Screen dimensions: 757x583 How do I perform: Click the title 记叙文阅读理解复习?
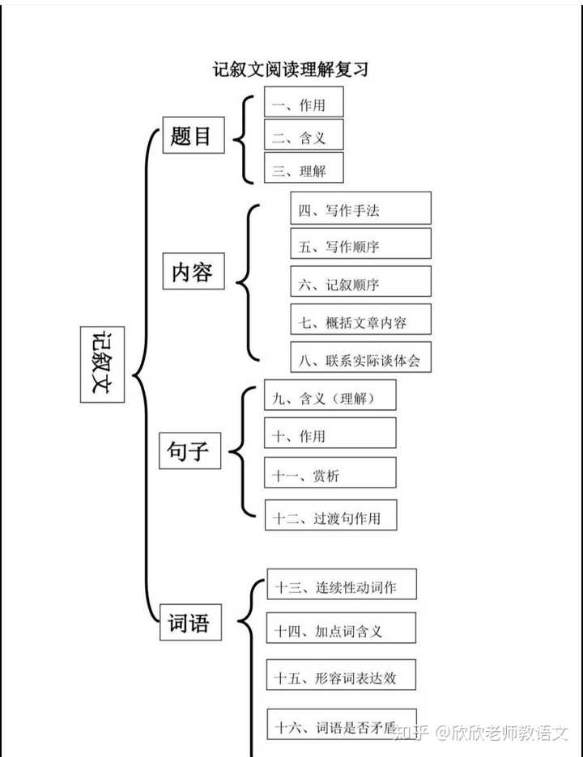(291, 70)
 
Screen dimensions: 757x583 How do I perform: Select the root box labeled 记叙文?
(102, 364)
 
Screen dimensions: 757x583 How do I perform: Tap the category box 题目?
(193, 135)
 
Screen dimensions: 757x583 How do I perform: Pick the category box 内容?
(193, 273)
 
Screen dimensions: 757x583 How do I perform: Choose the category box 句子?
(189, 450)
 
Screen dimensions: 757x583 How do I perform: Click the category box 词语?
(189, 623)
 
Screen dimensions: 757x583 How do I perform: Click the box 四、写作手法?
(360, 209)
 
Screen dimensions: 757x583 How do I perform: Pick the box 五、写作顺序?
(360, 244)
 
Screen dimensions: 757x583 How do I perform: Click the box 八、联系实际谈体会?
(360, 357)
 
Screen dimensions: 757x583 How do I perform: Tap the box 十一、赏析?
(330, 474)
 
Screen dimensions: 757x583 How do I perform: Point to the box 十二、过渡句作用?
(330, 516)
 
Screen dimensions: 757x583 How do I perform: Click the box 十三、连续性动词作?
(342, 585)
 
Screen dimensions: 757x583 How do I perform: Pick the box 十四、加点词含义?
(342, 629)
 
